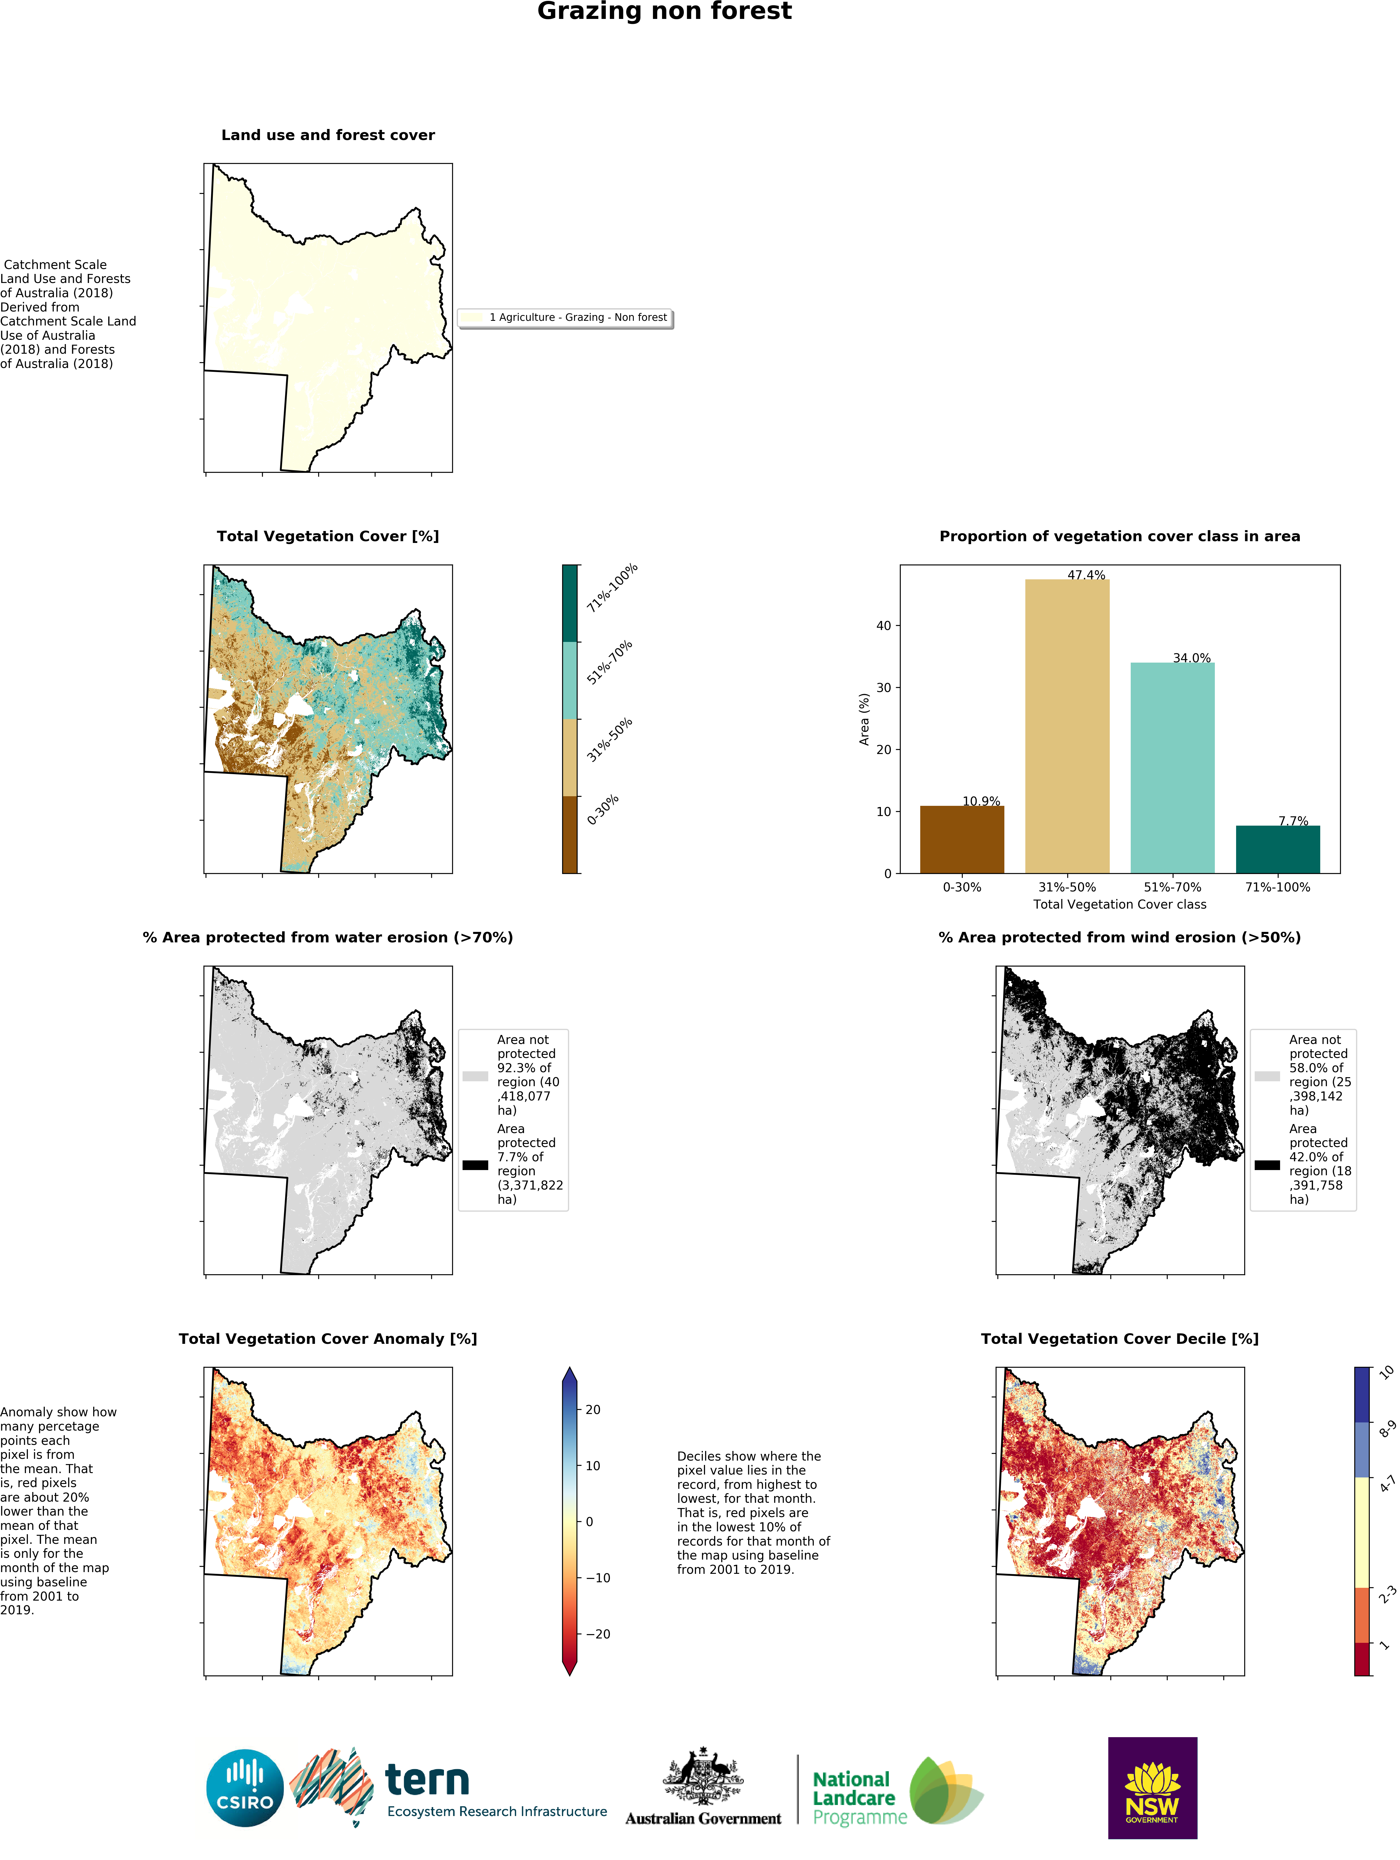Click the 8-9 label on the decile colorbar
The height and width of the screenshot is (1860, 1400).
1387,1429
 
